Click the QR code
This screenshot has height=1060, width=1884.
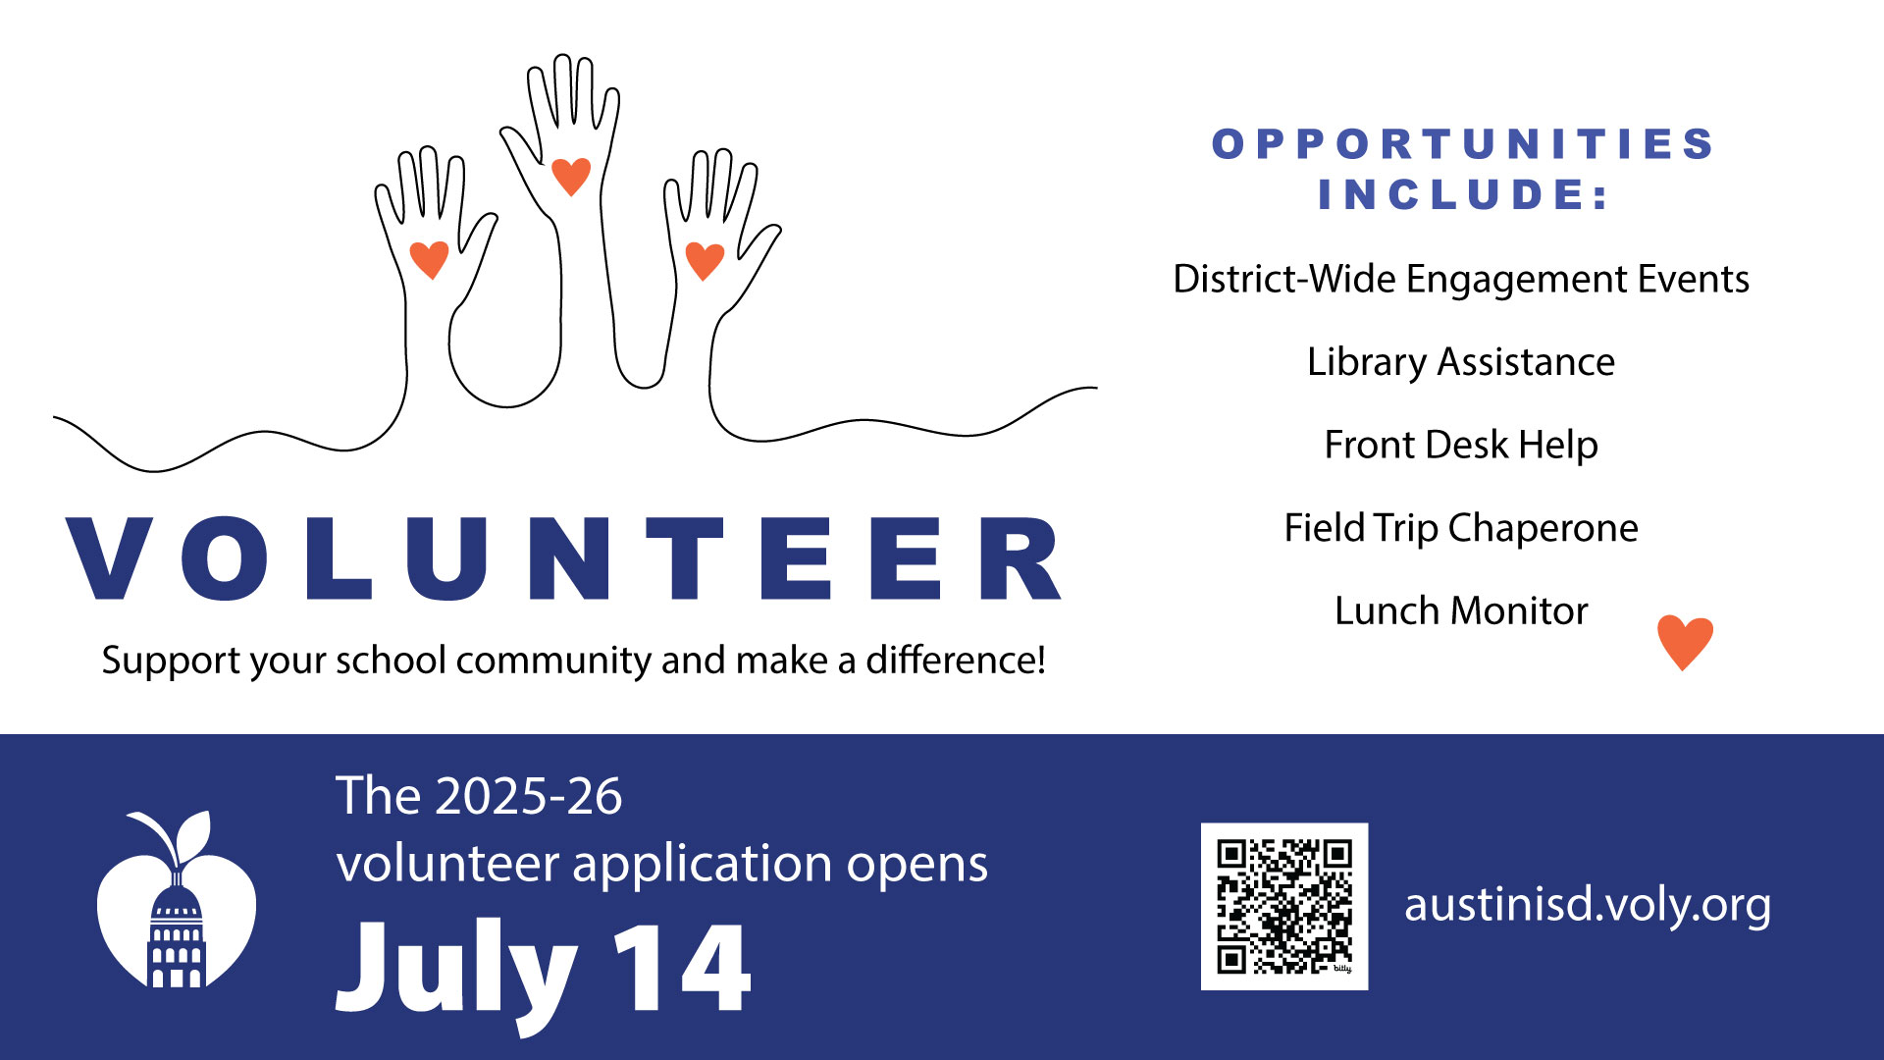pyautogui.click(x=1283, y=906)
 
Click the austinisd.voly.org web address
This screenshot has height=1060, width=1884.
pyautogui.click(x=1587, y=904)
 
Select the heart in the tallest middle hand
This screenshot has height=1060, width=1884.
pyautogui.click(x=571, y=176)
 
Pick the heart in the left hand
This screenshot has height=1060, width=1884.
pyautogui.click(x=429, y=259)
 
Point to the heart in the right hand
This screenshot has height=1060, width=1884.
pyautogui.click(x=705, y=260)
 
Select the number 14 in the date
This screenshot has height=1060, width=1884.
pyautogui.click(x=682, y=969)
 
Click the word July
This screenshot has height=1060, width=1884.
pyautogui.click(x=456, y=972)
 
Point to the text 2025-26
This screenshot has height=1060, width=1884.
pyautogui.click(x=529, y=796)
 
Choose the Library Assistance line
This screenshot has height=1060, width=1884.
pyautogui.click(x=1460, y=362)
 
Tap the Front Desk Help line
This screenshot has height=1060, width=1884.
pyautogui.click(x=1460, y=446)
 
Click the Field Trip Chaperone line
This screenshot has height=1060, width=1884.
pyautogui.click(x=1460, y=528)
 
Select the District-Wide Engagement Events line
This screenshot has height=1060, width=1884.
pyautogui.click(x=1460, y=280)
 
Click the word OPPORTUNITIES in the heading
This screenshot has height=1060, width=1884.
pyautogui.click(x=1462, y=144)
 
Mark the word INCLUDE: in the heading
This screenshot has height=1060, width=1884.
pyautogui.click(x=1462, y=194)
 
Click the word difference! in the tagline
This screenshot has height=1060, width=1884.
pyautogui.click(x=955, y=661)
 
